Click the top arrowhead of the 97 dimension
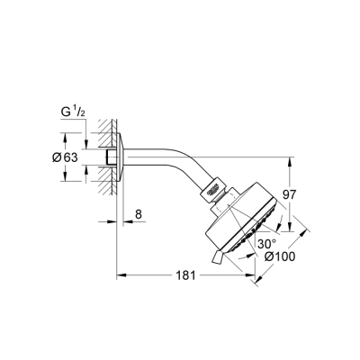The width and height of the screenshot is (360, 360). [289, 162]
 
